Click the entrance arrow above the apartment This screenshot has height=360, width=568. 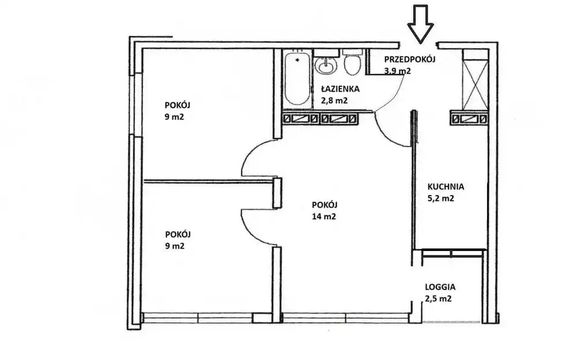click(x=420, y=24)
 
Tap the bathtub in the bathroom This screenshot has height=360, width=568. click(x=297, y=78)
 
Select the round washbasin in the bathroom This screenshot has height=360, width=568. click(x=326, y=65)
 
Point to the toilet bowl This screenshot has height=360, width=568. click(x=352, y=63)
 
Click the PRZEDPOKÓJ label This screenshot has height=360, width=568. click(x=410, y=59)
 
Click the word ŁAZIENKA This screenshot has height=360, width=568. click(x=340, y=89)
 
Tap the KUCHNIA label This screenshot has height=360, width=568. click(x=446, y=187)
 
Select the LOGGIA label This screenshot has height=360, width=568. click(x=440, y=287)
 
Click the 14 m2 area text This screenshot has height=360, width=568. click(x=324, y=216)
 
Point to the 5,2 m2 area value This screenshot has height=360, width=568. click(x=441, y=198)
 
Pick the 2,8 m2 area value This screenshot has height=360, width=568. click(x=334, y=101)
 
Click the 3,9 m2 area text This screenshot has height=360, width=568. click(x=398, y=71)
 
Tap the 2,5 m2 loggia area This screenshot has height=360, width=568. click(x=438, y=299)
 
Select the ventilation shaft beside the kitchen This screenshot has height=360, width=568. click(x=469, y=118)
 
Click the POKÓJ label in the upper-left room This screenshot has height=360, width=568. click(x=178, y=106)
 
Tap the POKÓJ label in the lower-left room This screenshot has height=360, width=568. click(x=178, y=234)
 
